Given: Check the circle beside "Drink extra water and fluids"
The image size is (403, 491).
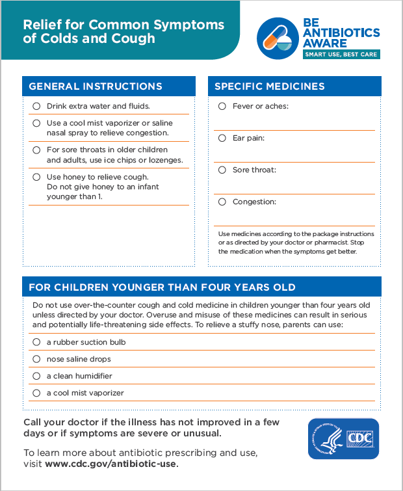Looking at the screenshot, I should [x=36, y=106].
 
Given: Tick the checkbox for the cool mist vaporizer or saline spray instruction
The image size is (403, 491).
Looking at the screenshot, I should [x=36, y=123].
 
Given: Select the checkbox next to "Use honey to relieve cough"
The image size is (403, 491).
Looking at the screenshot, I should [x=36, y=177].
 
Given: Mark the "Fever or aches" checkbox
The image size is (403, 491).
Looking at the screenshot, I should [x=222, y=106].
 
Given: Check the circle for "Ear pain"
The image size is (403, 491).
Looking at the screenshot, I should [x=222, y=138].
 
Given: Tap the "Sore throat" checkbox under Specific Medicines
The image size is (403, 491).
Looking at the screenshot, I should [x=222, y=170].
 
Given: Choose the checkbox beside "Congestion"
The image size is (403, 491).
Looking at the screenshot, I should [x=222, y=202].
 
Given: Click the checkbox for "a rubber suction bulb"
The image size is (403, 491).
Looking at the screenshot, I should [x=36, y=342].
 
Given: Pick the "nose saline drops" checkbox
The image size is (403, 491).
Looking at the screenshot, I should [x=36, y=359].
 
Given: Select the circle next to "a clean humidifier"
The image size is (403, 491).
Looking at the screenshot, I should [x=36, y=376].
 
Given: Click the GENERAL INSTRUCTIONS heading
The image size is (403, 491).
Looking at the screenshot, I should [x=96, y=86].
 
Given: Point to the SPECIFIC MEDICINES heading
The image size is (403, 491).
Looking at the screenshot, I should [x=270, y=86].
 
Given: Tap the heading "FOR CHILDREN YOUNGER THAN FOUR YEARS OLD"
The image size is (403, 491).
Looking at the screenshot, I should [x=162, y=287].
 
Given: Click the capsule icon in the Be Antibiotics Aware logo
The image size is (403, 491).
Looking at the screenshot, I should [x=276, y=36].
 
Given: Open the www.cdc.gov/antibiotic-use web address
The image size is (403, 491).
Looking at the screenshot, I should [x=110, y=464].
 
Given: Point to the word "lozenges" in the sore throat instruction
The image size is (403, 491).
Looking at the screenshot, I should [x=166, y=160].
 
